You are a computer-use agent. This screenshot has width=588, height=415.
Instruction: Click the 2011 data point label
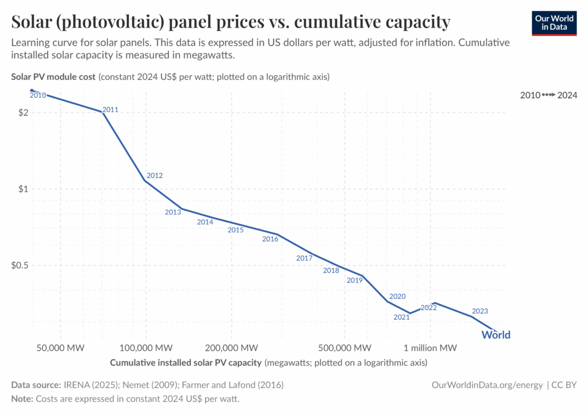pyautogui.click(x=110, y=110)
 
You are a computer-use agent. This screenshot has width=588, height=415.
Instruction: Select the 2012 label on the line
pyautogui.click(x=154, y=176)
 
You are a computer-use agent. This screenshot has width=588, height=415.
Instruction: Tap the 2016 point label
pyautogui.click(x=270, y=239)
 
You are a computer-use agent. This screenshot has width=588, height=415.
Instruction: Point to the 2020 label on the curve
pyautogui.click(x=397, y=296)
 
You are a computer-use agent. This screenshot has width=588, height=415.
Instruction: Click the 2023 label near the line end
pyautogui.click(x=479, y=311)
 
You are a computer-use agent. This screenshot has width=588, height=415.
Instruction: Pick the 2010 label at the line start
pyautogui.click(x=38, y=95)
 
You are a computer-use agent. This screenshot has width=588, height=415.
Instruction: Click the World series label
pyautogui.click(x=496, y=335)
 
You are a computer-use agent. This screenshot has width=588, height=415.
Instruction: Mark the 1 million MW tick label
pyautogui.click(x=430, y=348)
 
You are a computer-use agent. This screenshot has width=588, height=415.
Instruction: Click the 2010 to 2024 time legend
pyautogui.click(x=548, y=95)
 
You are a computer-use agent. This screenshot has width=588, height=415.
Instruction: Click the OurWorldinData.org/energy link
pyautogui.click(x=487, y=385)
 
